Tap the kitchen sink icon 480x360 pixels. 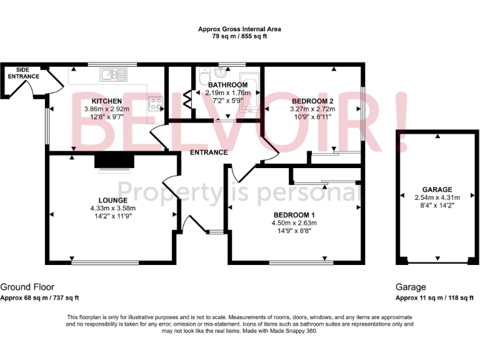[x=114, y=75]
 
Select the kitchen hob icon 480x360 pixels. [x=154, y=104]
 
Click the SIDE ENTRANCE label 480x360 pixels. [x=24, y=73]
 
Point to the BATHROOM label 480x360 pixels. [x=227, y=85]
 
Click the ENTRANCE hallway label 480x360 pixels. [x=209, y=152]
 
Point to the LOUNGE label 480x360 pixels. [x=112, y=200]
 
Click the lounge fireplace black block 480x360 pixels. [x=114, y=162]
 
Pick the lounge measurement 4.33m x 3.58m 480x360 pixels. [x=112, y=208]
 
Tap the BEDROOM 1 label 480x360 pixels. [x=294, y=214]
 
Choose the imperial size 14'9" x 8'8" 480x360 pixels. [x=294, y=230]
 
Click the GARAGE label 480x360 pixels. [x=437, y=189]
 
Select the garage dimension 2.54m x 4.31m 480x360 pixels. [x=437, y=197]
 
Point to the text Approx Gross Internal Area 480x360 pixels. [x=239, y=29]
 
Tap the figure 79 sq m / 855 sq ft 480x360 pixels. [x=239, y=36]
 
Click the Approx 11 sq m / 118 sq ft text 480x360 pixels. [x=434, y=297]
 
